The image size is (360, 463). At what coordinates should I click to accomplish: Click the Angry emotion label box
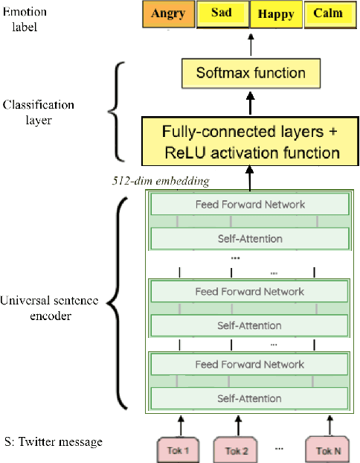click(x=168, y=14)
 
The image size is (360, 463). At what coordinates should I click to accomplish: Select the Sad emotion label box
click(x=222, y=14)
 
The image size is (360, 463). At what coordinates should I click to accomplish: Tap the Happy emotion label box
click(x=275, y=14)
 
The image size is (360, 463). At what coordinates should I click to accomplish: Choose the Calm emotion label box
click(x=328, y=14)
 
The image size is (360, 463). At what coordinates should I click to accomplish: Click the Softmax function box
click(x=250, y=73)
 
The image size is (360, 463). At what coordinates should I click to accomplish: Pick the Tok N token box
click(x=326, y=450)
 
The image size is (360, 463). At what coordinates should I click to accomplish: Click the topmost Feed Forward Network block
click(x=250, y=204)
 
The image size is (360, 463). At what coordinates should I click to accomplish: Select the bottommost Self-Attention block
click(x=250, y=398)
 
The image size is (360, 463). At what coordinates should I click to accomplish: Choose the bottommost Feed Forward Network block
click(x=250, y=364)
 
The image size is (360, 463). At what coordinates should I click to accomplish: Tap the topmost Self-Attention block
click(x=250, y=238)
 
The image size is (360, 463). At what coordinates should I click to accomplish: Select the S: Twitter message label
click(x=53, y=442)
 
